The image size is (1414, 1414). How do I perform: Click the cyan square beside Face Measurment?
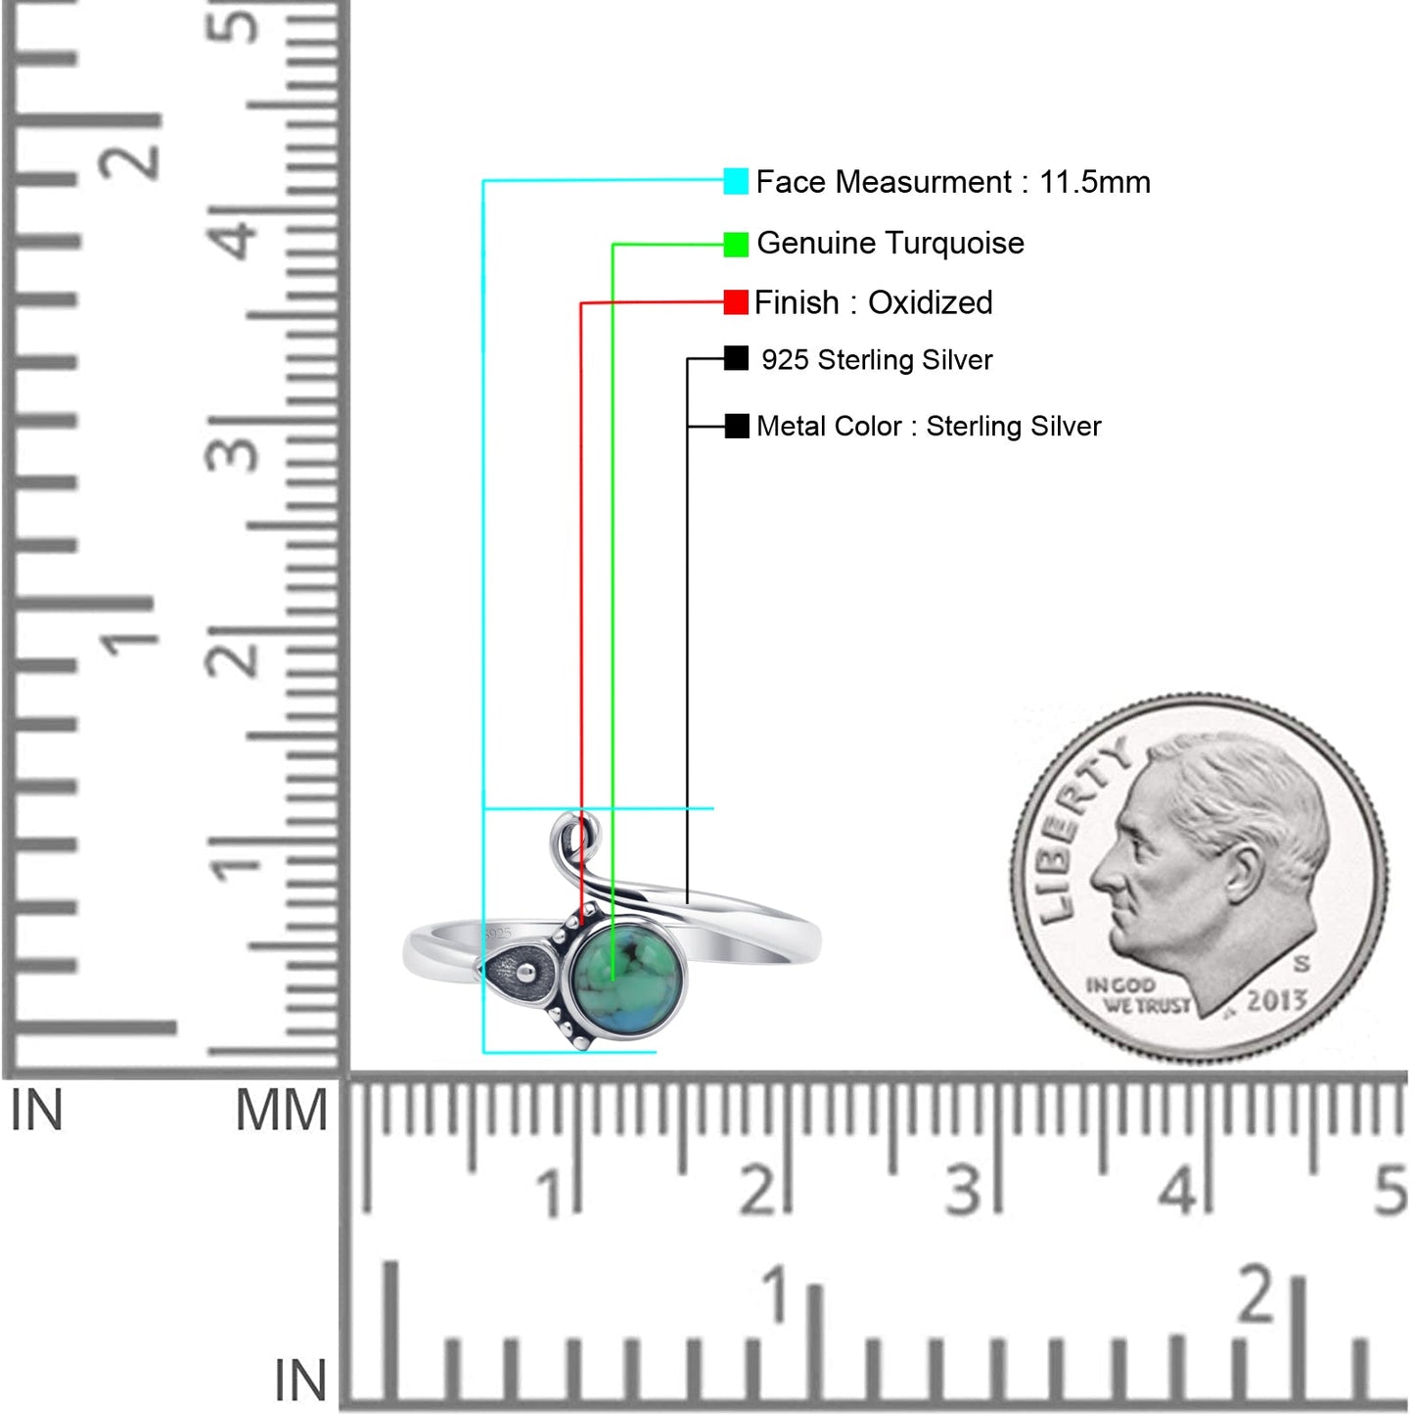736,181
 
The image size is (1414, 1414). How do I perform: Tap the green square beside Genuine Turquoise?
736,245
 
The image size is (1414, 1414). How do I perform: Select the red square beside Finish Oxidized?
736,302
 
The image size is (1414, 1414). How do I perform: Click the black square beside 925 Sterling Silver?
736,359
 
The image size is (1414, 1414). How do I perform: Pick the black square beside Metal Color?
737,426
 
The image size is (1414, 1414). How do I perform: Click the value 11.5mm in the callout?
1095,182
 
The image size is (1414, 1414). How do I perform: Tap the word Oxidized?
930,302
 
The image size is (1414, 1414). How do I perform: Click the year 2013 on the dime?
1277,999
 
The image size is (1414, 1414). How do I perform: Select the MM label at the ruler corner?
281,1110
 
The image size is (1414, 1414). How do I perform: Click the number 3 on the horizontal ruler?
962,1190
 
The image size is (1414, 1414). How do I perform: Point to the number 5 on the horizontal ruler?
1391,1190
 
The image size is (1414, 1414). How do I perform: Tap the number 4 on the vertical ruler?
232,233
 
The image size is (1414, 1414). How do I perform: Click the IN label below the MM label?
299,1380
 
